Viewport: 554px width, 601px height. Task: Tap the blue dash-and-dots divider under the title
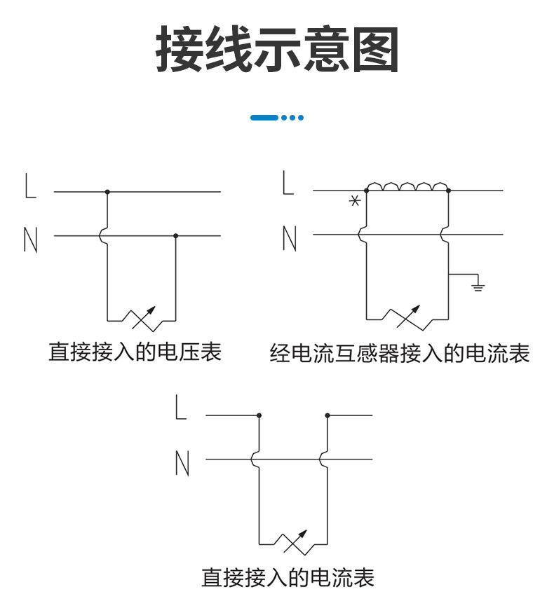(x=277, y=118)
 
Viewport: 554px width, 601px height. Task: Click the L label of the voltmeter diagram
(x=30, y=186)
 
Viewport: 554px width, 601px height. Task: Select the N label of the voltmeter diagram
(x=30, y=239)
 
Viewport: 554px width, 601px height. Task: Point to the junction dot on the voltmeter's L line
(x=107, y=191)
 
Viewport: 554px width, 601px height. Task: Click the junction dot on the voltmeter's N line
(x=175, y=236)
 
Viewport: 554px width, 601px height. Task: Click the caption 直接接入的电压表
(x=135, y=352)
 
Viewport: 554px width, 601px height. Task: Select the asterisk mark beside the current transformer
(x=355, y=201)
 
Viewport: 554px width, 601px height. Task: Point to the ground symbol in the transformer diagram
(x=478, y=284)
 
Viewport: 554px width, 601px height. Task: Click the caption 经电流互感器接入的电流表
(x=399, y=354)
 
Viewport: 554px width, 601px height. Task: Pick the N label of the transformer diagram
(x=288, y=239)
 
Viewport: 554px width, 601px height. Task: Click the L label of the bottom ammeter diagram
(x=181, y=408)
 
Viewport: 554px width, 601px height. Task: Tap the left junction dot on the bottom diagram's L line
(x=259, y=415)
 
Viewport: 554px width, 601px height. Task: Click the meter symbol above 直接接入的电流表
(x=294, y=544)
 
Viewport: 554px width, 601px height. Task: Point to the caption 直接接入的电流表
(x=288, y=578)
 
